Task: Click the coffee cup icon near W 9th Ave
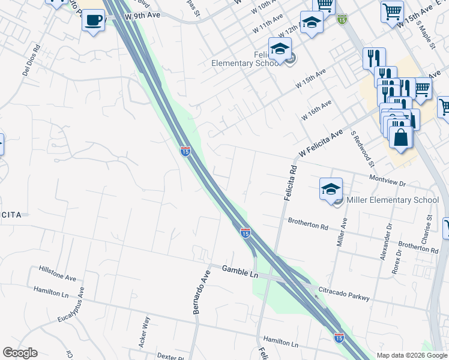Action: pyautogui.click(x=93, y=20)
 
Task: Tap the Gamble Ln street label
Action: pyautogui.click(x=240, y=272)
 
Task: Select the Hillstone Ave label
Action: pyautogui.click(x=58, y=274)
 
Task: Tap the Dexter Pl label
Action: pyautogui.click(x=171, y=355)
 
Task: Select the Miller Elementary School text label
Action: pyautogui.click(x=393, y=200)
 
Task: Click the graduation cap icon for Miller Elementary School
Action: pyautogui.click(x=330, y=188)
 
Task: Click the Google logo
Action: pyautogui.click(x=20, y=353)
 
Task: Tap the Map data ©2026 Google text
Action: pyautogui.click(x=412, y=355)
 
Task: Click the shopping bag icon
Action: pyautogui.click(x=400, y=136)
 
